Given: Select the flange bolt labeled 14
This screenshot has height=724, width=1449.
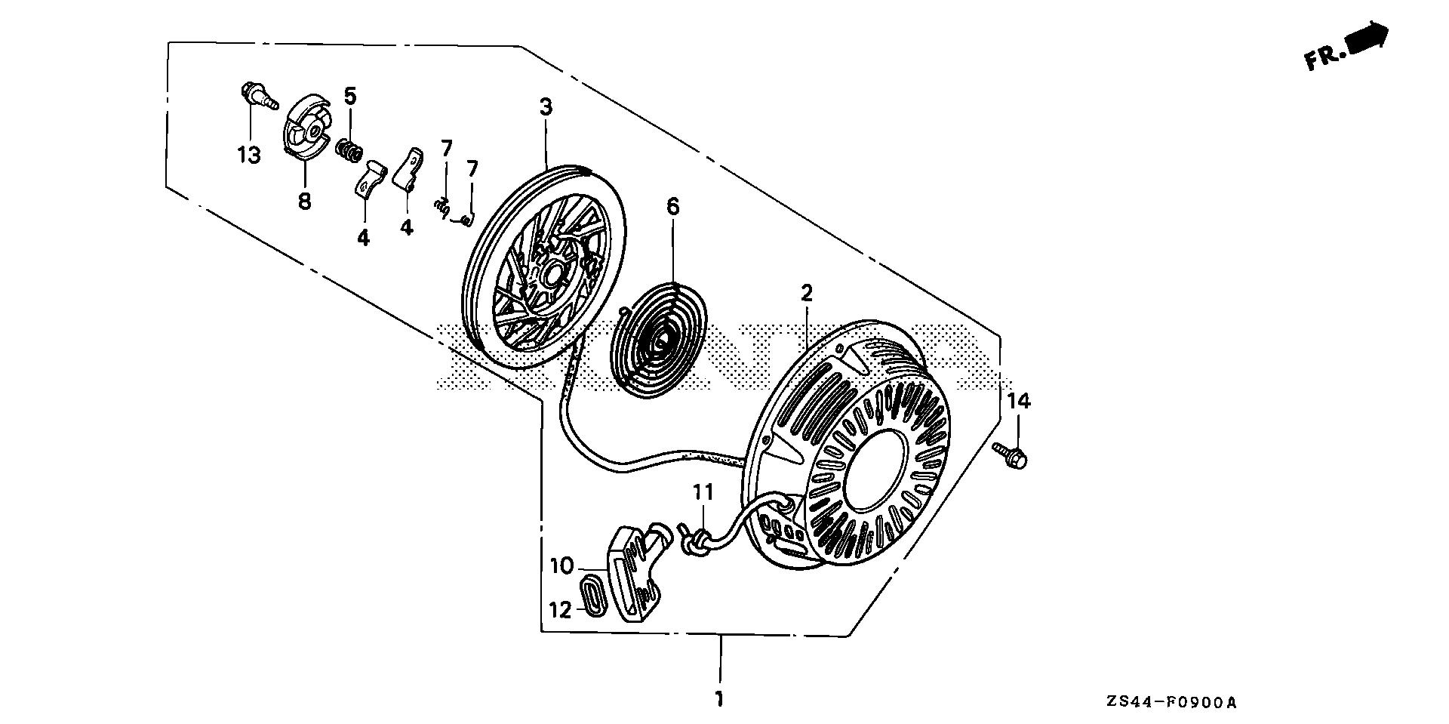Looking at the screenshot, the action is [1012, 456].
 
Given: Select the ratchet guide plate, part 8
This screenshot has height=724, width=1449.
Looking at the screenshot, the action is [306, 134].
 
